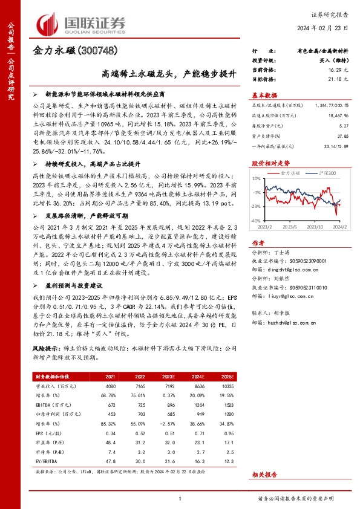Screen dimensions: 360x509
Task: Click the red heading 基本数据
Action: [x=264, y=96]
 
